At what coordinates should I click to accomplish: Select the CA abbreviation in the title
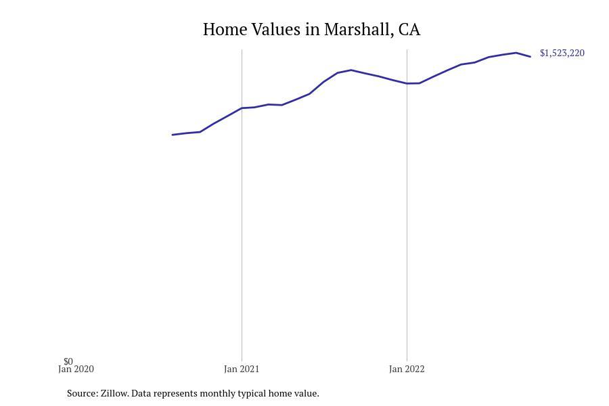click(409, 30)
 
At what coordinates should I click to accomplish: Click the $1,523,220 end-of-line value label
click(562, 53)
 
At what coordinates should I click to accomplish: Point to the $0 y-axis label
click(68, 361)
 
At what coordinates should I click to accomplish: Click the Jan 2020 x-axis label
click(76, 369)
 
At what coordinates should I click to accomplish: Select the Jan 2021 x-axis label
click(242, 369)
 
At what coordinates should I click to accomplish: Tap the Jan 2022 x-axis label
click(407, 369)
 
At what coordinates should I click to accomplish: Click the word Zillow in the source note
click(114, 393)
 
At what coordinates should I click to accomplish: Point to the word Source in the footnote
click(82, 393)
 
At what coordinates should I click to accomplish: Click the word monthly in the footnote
click(217, 393)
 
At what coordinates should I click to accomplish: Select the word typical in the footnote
click(252, 393)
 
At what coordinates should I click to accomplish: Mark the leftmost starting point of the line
click(173, 135)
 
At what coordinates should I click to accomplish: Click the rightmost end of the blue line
click(531, 57)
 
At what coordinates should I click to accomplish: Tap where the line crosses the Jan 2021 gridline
click(242, 108)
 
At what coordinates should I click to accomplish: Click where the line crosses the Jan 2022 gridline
click(407, 83)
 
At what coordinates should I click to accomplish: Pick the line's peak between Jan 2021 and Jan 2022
click(351, 70)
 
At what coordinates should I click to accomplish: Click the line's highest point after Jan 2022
click(516, 53)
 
